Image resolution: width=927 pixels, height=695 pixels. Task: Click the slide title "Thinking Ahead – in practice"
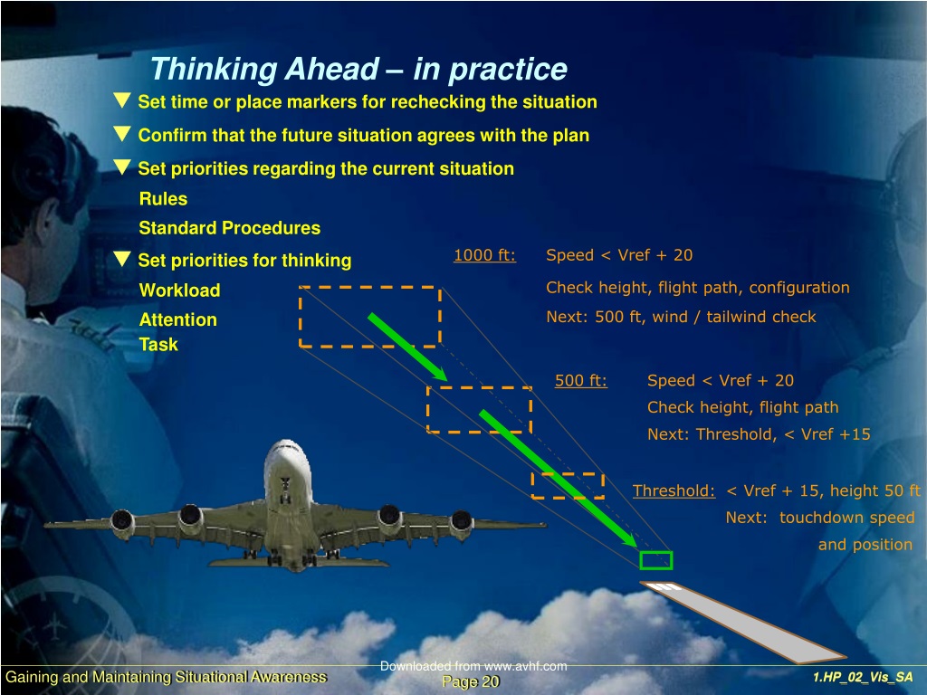pyautogui.click(x=358, y=69)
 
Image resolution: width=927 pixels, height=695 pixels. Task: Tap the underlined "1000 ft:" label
pyautogui.click(x=485, y=255)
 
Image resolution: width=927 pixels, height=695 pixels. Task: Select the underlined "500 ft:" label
pyautogui.click(x=580, y=381)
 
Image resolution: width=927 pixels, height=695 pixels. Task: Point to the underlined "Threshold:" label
pyautogui.click(x=674, y=490)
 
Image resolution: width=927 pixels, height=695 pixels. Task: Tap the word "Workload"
pyautogui.click(x=180, y=290)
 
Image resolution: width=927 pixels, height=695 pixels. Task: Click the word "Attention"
pyautogui.click(x=178, y=319)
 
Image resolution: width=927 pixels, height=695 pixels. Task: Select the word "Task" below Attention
pyautogui.click(x=158, y=345)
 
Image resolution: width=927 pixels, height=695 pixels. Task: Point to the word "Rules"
pyautogui.click(x=163, y=198)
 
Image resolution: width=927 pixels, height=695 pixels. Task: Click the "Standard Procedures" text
pyautogui.click(x=229, y=228)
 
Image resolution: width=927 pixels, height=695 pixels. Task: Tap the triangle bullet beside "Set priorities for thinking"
pyautogui.click(x=122, y=258)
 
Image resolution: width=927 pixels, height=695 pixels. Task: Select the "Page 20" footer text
pyautogui.click(x=471, y=682)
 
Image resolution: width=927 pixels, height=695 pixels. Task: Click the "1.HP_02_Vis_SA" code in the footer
pyautogui.click(x=863, y=677)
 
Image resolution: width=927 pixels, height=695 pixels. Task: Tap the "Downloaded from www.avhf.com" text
pyautogui.click(x=473, y=666)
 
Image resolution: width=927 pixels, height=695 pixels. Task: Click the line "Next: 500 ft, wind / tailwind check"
pyautogui.click(x=681, y=317)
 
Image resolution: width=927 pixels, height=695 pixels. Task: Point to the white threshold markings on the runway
pyautogui.click(x=662, y=586)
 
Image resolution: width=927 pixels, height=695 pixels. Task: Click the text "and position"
pyautogui.click(x=865, y=545)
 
